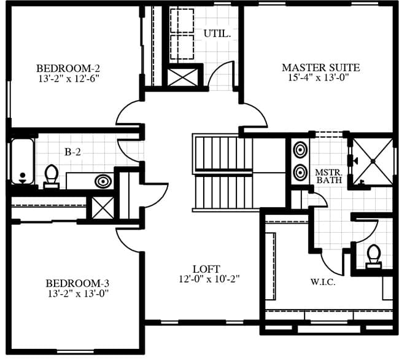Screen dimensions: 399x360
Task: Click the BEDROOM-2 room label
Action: pos(68,68)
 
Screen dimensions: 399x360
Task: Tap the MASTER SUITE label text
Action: pos(321,68)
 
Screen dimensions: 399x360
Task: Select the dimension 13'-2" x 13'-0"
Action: pos(78,294)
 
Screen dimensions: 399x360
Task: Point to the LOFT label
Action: pos(206,269)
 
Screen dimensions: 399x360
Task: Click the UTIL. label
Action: pos(217,34)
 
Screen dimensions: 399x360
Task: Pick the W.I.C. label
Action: pos(323,282)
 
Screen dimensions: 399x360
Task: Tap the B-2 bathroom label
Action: pos(73,152)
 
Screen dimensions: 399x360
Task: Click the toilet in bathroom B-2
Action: pos(51,177)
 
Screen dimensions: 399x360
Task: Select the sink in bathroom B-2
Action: pos(103,181)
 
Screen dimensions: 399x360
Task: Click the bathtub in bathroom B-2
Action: pos(22,162)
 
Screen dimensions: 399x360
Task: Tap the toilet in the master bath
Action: pos(374,257)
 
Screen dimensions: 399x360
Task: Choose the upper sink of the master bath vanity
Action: pos(300,150)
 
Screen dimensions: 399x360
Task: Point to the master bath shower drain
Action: pos(373,161)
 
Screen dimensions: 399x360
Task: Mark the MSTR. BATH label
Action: pos(329,176)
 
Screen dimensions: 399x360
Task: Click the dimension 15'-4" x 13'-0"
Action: pos(318,77)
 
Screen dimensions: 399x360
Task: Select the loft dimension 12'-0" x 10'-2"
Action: pos(209,279)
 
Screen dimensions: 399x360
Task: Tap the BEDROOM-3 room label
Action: pos(77,283)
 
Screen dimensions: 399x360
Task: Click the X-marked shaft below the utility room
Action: pos(182,77)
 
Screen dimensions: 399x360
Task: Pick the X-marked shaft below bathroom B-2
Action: pos(103,208)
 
